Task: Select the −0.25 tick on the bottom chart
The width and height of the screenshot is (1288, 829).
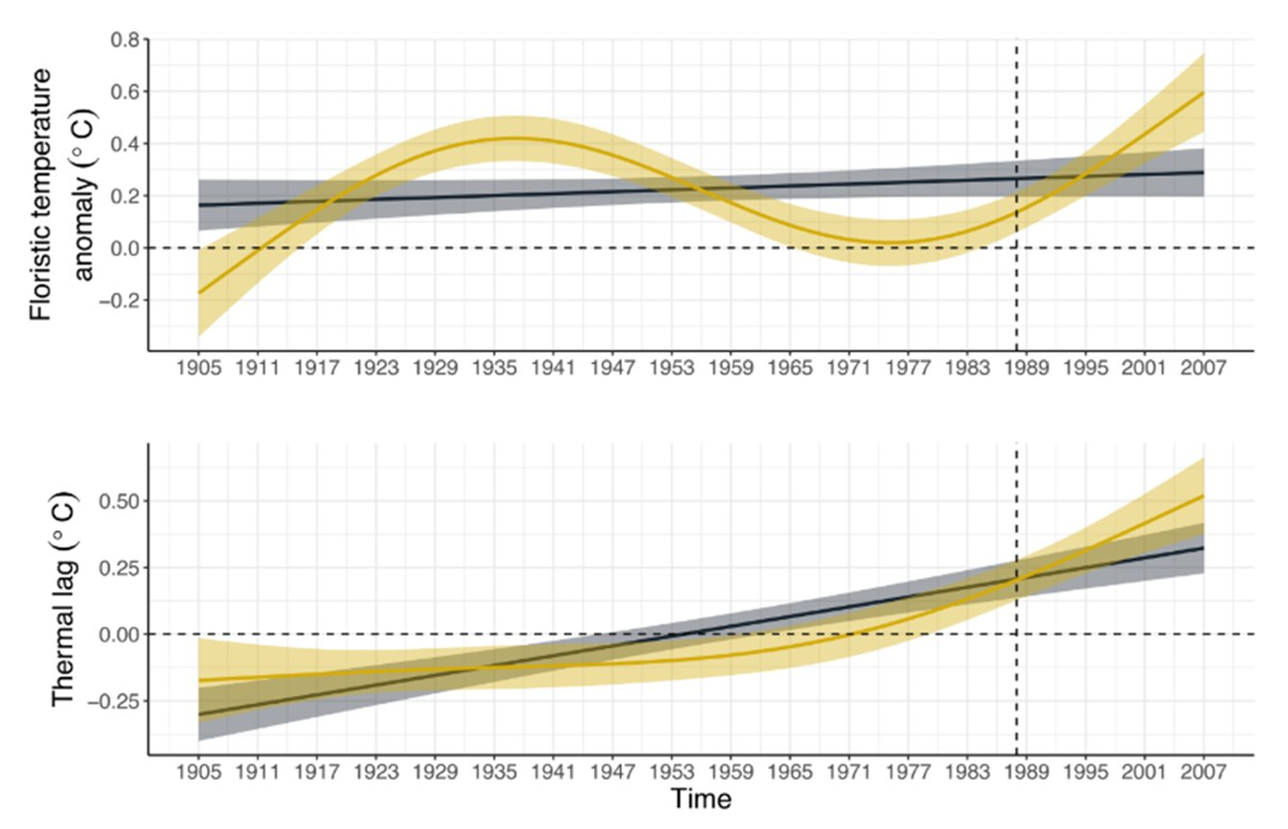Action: [x=117, y=700]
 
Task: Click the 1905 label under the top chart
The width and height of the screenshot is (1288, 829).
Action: [x=198, y=369]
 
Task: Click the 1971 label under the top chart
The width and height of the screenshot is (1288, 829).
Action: [x=848, y=369]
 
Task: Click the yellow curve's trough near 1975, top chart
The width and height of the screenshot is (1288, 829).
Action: [x=890, y=242]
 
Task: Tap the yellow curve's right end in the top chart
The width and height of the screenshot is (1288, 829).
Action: [x=1203, y=92]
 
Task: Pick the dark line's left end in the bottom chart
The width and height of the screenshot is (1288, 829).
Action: [x=198, y=714]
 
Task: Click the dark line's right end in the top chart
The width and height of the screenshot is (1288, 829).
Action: [x=1203, y=172]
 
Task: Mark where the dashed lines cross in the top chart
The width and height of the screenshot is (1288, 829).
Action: [x=1018, y=247]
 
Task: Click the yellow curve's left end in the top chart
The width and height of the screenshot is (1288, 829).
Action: [x=198, y=293]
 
